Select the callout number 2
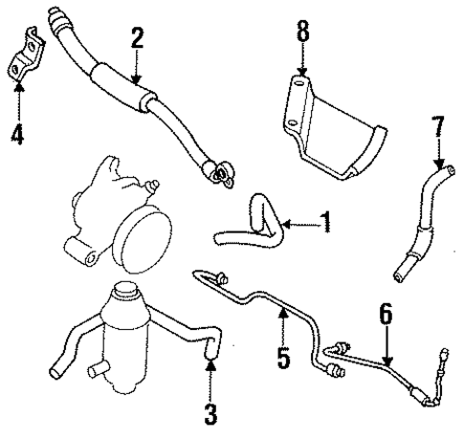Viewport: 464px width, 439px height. coord(137,38)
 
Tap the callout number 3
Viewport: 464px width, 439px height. coord(210,414)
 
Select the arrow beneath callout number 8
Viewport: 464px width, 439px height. coord(303,67)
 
